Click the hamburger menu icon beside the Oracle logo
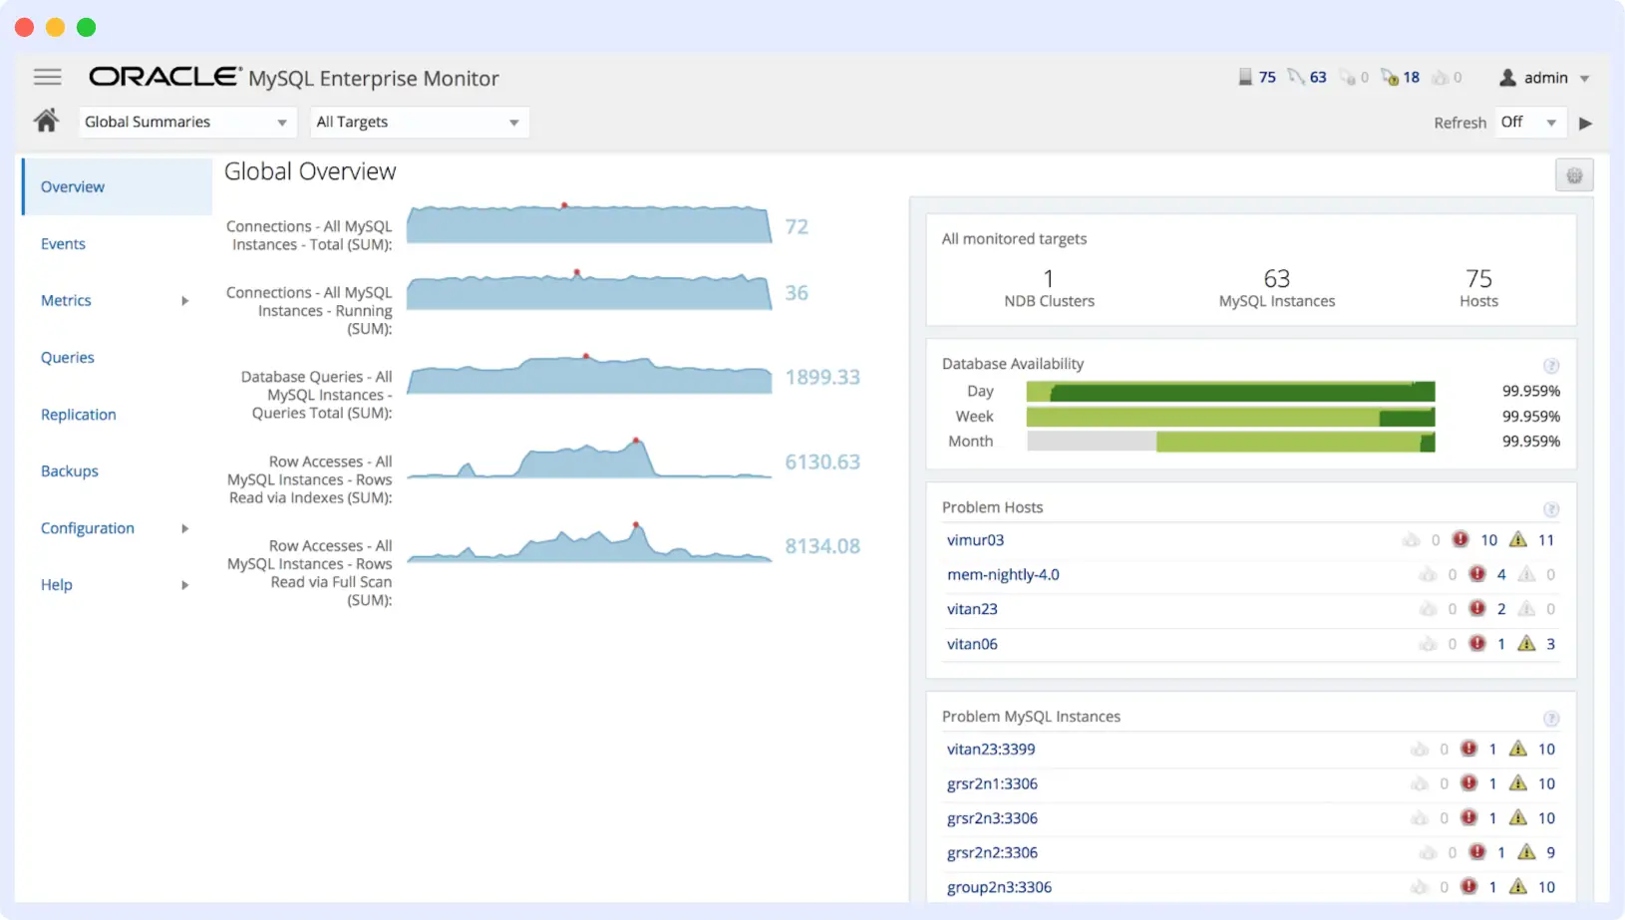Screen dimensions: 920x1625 tap(47, 77)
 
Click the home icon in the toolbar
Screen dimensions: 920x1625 tap(46, 121)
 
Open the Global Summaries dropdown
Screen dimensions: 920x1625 tap(185, 122)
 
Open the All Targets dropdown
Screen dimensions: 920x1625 tap(419, 122)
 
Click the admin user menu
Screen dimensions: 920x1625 tap(1544, 78)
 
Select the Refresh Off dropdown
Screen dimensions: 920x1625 tap(1529, 122)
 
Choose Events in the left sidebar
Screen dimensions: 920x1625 tap(63, 244)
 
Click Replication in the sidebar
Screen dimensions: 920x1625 tap(78, 415)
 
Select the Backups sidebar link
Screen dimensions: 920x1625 tap(69, 471)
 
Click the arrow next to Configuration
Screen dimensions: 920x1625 tap(184, 528)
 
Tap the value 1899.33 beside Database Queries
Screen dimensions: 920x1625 tap(821, 378)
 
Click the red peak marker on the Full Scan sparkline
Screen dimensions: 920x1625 tap(635, 524)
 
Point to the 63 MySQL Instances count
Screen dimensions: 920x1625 tap(1276, 279)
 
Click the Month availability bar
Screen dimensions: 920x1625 tap(1230, 442)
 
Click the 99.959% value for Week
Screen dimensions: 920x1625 tap(1530, 417)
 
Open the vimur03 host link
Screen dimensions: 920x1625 tap(975, 540)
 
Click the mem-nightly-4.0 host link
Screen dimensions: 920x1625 tap(1002, 575)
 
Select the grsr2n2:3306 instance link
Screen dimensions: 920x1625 tap(992, 853)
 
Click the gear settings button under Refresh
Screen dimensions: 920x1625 tap(1574, 175)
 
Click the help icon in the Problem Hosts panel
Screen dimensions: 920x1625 tap(1550, 509)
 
